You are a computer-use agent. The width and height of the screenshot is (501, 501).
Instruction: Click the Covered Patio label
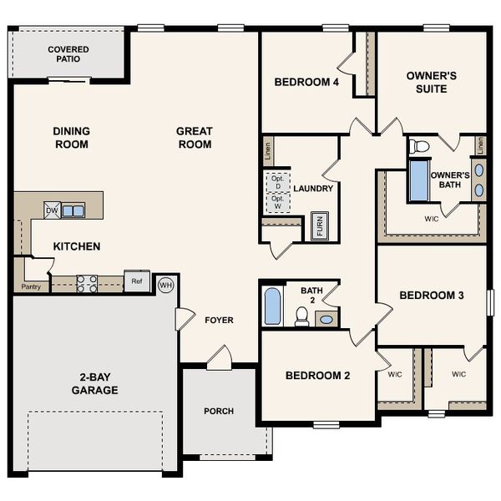click(68, 55)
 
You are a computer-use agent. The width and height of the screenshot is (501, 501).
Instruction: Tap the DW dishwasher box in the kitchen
click(52, 211)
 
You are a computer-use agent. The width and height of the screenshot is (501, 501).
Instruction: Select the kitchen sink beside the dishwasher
click(73, 211)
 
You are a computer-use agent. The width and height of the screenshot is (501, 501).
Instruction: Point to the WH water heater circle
click(165, 285)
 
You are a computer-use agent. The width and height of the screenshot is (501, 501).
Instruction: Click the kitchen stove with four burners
click(87, 284)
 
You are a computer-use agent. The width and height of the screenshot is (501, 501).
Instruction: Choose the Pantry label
click(31, 286)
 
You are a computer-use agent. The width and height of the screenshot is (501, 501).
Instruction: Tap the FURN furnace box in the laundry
click(319, 226)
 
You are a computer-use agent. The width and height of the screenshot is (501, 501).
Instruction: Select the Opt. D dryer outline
click(277, 182)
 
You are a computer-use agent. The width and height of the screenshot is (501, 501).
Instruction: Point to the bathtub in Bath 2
click(272, 306)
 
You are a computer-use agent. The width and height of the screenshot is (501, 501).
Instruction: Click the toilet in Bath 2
click(301, 316)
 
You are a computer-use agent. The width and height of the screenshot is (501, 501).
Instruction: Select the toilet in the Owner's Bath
click(419, 147)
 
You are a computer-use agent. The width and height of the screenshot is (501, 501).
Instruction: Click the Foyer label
click(219, 320)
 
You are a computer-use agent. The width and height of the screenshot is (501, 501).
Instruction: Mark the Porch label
click(219, 411)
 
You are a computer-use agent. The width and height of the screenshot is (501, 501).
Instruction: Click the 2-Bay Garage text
click(94, 383)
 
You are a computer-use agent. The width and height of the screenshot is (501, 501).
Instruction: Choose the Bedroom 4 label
click(306, 82)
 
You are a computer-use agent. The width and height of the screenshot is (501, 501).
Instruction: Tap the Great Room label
click(194, 138)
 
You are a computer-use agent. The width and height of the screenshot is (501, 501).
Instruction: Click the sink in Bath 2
click(326, 319)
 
